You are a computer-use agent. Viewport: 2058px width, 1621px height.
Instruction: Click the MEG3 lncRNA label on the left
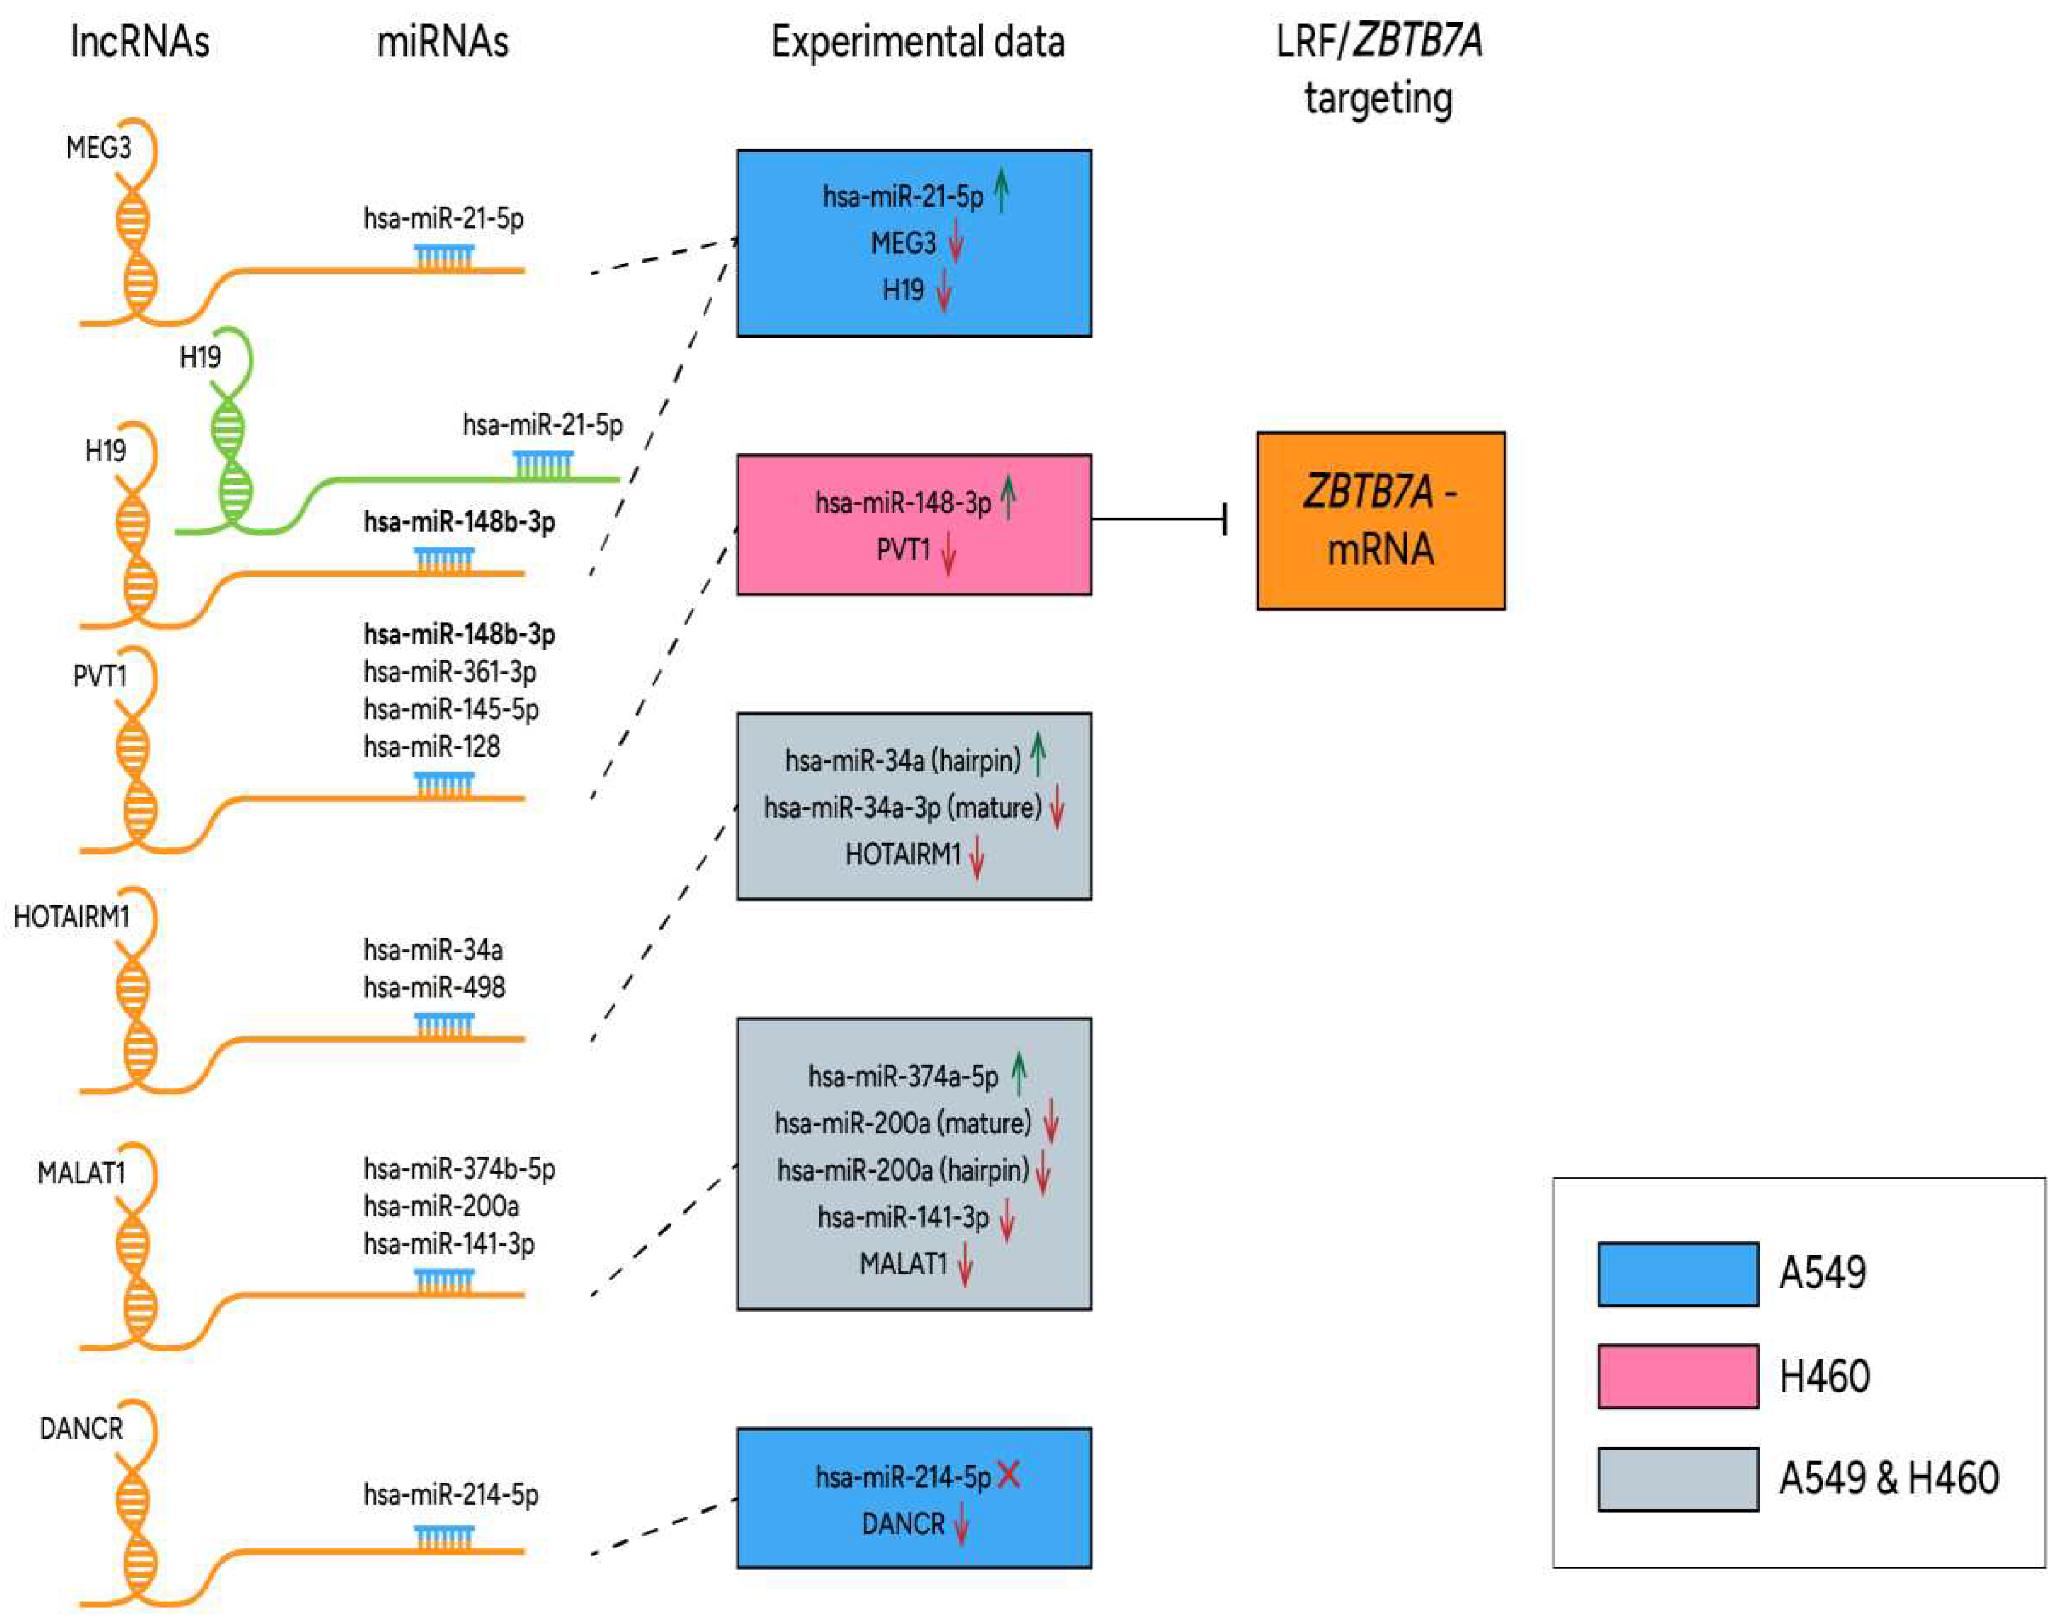[99, 148]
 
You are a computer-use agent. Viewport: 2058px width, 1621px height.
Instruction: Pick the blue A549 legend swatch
[1677, 1274]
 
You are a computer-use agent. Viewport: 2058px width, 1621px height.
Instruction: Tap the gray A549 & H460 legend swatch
[1677, 1478]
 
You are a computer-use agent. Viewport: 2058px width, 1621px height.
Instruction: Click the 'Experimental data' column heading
[918, 43]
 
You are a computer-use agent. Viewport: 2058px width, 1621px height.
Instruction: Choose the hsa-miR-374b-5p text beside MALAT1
[459, 1168]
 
